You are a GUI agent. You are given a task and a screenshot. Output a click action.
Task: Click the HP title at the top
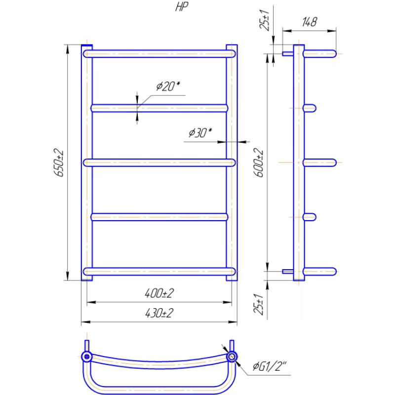[182, 7]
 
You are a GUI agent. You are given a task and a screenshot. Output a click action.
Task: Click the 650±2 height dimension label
[59, 162]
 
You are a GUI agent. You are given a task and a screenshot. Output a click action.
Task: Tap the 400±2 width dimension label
[159, 293]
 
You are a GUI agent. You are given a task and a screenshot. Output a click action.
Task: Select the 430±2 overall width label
[159, 313]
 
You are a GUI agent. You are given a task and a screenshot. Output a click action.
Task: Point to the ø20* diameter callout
[168, 86]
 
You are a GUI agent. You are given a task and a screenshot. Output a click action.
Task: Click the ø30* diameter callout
[200, 133]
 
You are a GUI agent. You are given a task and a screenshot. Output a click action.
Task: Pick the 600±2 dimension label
[259, 162]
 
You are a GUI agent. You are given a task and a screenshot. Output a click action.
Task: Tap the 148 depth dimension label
[310, 22]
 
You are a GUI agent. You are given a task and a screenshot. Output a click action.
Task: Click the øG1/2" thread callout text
[270, 366]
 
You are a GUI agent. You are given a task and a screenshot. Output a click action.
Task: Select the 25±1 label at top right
[265, 20]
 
